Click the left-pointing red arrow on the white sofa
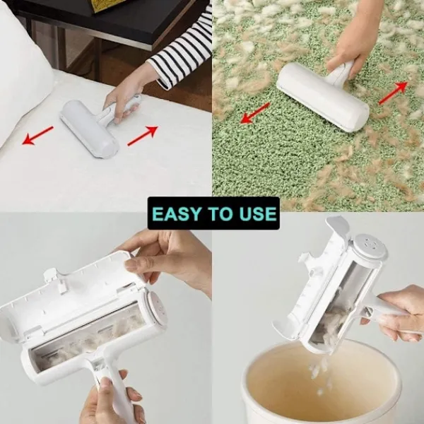(37, 135)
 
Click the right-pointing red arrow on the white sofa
(143, 136)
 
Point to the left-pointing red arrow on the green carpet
(255, 113)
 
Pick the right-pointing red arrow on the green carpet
(393, 93)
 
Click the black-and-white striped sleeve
(182, 52)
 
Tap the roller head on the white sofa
(89, 129)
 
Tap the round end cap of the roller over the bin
(370, 248)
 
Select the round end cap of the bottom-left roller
(156, 308)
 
